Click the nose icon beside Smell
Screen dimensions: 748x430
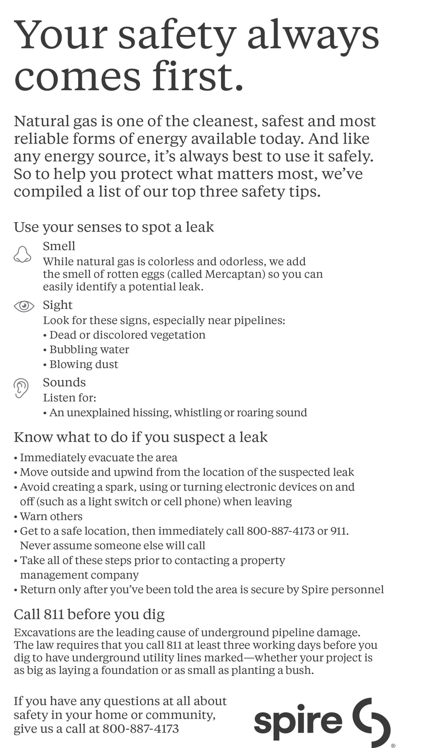[x=22, y=254]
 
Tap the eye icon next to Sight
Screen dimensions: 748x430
[x=24, y=306]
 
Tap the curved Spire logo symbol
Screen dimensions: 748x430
[x=372, y=721]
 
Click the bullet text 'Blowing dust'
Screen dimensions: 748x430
[x=84, y=364]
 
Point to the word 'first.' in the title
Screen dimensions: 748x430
[x=198, y=77]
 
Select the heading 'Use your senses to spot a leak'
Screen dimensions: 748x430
[x=114, y=227]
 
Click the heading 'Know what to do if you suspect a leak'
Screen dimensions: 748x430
[x=141, y=437]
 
